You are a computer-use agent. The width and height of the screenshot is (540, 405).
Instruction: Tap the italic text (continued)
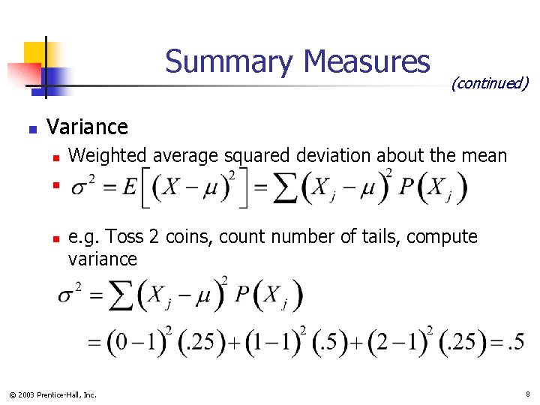tap(490, 82)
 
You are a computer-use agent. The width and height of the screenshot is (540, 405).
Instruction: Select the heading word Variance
tap(87, 127)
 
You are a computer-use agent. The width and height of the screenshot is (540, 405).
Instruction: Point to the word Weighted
tap(108, 156)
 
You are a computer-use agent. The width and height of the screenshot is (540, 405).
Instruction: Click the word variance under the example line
tap(102, 259)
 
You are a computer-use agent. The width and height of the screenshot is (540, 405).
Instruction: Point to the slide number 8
tap(527, 394)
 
